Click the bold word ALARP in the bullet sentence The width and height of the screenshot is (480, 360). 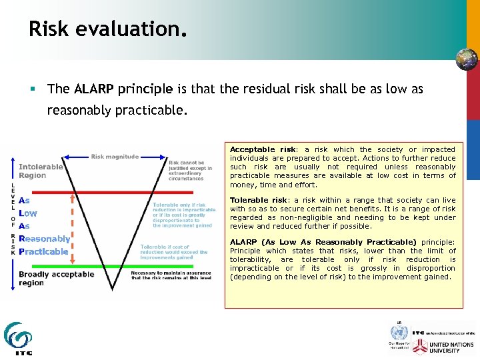click(x=95, y=89)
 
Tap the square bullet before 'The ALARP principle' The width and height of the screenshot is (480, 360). click(x=33, y=89)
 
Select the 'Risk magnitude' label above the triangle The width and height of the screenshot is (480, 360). click(x=115, y=157)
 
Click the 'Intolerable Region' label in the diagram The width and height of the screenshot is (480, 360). click(x=41, y=171)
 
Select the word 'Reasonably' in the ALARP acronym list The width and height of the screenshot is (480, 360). click(x=44, y=239)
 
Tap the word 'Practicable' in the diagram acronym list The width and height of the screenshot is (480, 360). click(x=43, y=251)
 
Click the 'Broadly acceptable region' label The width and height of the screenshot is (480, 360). click(x=56, y=279)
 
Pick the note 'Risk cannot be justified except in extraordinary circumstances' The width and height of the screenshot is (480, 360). click(x=191, y=170)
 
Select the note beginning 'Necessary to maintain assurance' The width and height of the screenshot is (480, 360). click(x=171, y=275)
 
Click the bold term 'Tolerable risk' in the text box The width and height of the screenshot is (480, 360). click(x=257, y=200)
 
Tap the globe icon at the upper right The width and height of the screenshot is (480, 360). click(x=466, y=59)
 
